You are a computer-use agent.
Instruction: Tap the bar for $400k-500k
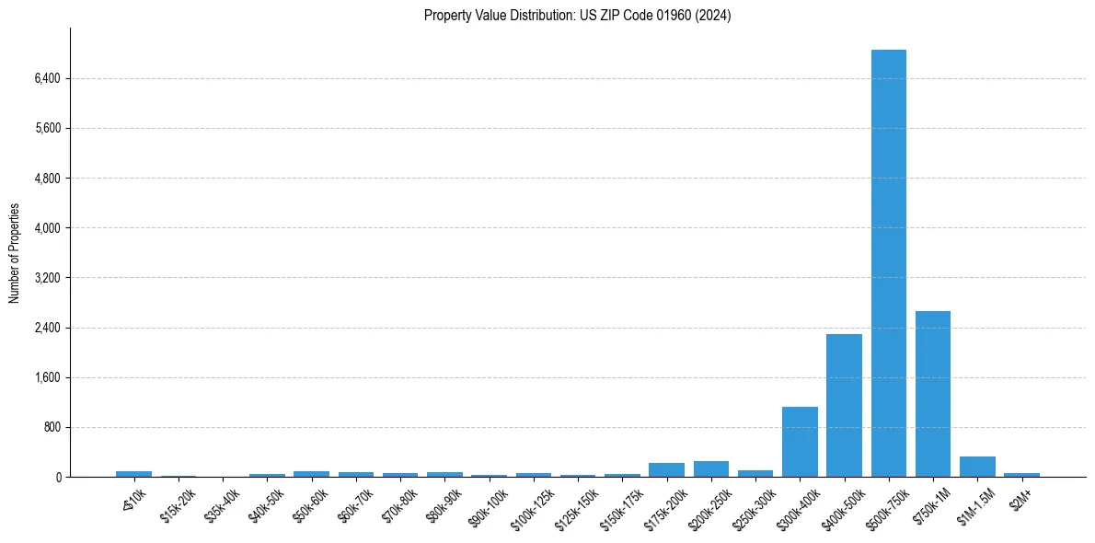[x=844, y=405]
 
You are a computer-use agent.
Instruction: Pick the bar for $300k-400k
[x=800, y=442]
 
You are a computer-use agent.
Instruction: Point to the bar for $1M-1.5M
[x=977, y=467]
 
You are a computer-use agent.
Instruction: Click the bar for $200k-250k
[x=710, y=468]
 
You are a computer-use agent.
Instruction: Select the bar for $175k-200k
[x=666, y=469]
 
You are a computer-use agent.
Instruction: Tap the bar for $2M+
[x=1021, y=475]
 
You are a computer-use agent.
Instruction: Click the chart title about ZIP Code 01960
[x=577, y=16]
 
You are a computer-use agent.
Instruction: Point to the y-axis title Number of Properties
[x=15, y=252]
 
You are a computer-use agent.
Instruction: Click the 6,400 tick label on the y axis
[x=47, y=78]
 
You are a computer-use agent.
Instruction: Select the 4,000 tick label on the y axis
[x=47, y=227]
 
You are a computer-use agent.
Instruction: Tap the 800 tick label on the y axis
[x=52, y=427]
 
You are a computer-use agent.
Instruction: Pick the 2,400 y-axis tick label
[x=47, y=328]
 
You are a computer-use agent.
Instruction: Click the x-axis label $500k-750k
[x=885, y=503]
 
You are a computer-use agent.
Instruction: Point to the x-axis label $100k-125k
[x=530, y=503]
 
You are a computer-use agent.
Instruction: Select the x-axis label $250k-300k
[x=752, y=503]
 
